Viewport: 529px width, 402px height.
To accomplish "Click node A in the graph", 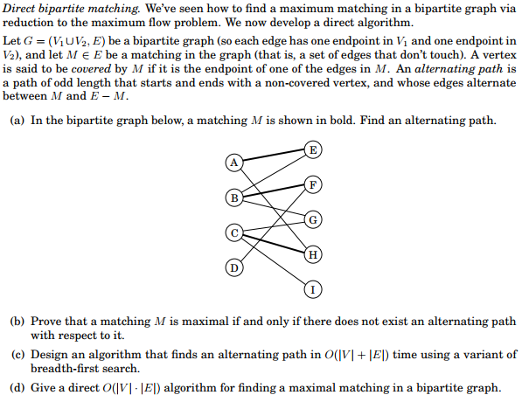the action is (x=233, y=162).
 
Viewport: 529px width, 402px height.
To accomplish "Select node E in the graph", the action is (x=313, y=149).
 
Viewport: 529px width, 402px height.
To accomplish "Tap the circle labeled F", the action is (x=313, y=184).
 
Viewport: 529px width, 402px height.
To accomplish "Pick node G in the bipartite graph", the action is (x=313, y=218).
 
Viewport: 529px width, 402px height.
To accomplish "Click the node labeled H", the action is (x=313, y=253).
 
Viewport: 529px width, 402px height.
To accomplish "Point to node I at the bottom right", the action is (x=313, y=288).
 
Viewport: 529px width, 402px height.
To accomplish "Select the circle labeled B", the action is (x=233, y=197).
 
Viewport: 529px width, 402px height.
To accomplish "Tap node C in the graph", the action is (x=233, y=232).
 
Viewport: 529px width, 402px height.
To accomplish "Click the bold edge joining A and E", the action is (x=273, y=156).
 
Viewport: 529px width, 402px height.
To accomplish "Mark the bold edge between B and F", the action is (x=273, y=191).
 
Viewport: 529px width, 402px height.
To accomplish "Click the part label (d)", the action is (x=17, y=387).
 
